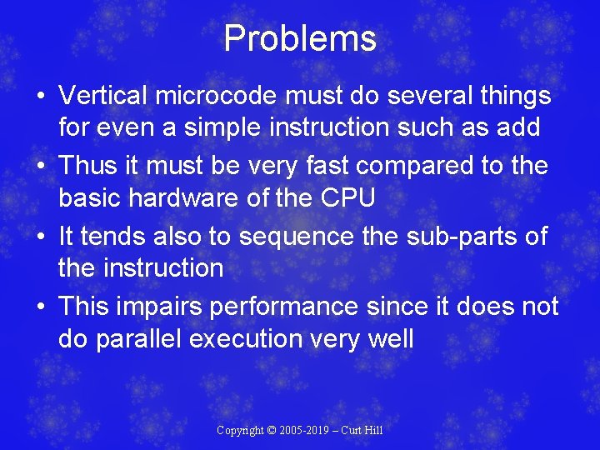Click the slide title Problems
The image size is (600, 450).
[x=300, y=39]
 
